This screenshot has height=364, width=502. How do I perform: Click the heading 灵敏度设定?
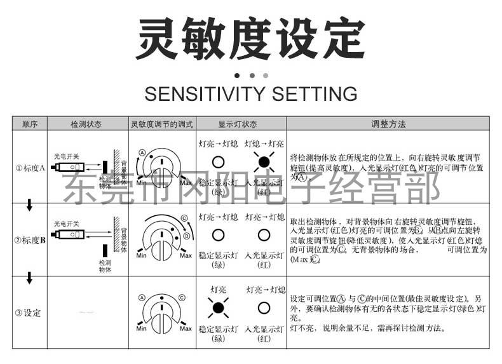(x=251, y=39)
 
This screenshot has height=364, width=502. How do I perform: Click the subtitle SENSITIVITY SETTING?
(x=250, y=94)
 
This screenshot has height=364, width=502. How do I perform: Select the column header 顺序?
(x=29, y=124)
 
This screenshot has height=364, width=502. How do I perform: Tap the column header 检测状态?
(x=88, y=124)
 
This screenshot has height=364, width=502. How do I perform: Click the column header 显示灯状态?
(x=240, y=124)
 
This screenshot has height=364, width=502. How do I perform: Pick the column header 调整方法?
(x=388, y=124)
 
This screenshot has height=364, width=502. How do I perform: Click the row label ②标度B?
(x=29, y=240)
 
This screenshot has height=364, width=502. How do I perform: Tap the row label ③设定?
(x=29, y=313)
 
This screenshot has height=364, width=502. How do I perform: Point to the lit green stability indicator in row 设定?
(x=218, y=308)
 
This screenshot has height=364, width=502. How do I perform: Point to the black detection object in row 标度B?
(x=104, y=251)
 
